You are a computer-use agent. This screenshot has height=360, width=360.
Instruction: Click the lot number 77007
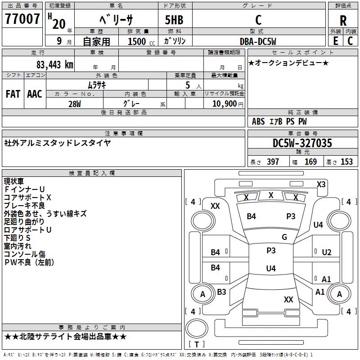click(22, 19)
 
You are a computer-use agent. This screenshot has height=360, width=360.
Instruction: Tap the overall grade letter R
click(343, 21)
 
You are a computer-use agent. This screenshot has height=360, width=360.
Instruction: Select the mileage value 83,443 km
click(54, 65)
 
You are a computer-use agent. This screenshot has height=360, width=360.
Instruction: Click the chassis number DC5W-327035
click(302, 143)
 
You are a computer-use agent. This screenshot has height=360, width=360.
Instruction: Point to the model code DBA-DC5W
click(258, 41)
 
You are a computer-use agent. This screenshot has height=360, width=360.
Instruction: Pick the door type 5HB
click(174, 20)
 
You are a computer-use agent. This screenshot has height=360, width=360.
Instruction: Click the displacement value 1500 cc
click(141, 41)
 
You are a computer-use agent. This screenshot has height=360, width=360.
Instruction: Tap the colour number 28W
click(75, 104)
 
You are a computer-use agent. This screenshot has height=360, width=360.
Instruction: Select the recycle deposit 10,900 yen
click(228, 104)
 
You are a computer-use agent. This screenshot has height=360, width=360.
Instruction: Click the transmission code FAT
click(13, 94)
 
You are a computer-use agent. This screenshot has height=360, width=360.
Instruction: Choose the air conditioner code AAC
click(35, 94)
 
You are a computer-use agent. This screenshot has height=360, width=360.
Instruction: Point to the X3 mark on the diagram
click(321, 184)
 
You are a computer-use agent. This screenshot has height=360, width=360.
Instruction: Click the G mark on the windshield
click(284, 237)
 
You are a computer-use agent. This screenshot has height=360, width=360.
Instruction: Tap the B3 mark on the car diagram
click(221, 292)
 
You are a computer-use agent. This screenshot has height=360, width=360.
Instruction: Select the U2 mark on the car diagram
click(327, 252)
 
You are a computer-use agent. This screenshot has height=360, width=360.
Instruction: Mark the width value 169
click(310, 162)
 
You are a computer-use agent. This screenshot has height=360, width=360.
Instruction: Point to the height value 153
click(346, 162)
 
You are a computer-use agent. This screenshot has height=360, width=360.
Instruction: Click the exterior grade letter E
click(335, 41)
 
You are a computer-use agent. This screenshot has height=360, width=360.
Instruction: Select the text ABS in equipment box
click(258, 121)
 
